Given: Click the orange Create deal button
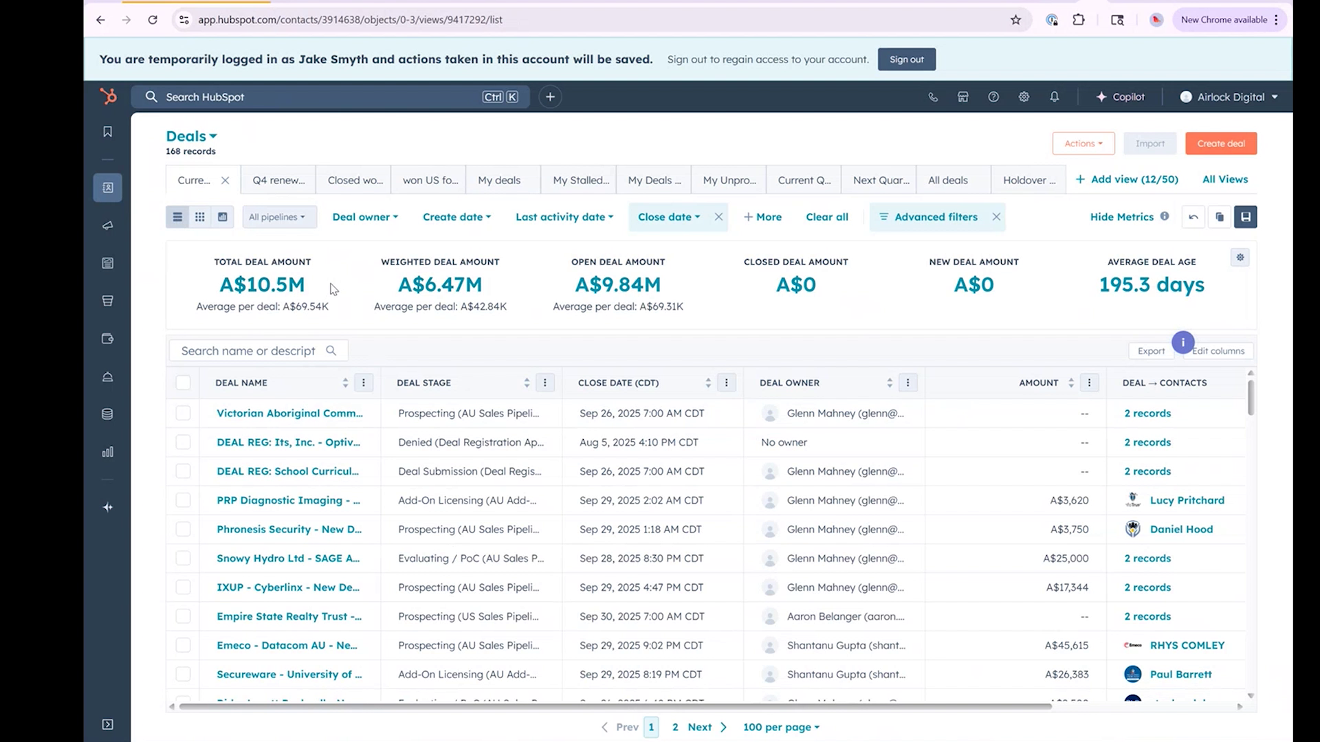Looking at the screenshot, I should click(1220, 144).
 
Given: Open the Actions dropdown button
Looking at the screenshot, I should click(1083, 144).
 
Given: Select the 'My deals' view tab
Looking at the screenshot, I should click(499, 180).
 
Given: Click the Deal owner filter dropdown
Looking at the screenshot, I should click(365, 217).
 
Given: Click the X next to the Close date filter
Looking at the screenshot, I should click(718, 217).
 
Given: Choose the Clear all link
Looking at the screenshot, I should click(826, 217).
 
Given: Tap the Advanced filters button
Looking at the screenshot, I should click(935, 217).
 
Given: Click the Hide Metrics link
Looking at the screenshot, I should click(1121, 217).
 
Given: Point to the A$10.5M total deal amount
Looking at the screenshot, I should click(262, 284).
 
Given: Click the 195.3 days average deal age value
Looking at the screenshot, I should click(1152, 284).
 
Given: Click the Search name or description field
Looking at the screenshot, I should click(249, 351).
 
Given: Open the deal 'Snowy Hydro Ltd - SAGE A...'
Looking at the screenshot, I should click(288, 559).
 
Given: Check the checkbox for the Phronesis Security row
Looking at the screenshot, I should click(183, 529).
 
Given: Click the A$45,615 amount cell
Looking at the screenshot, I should click(1066, 646).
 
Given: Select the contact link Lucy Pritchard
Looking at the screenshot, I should click(1187, 500).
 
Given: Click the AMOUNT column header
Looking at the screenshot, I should click(1038, 383).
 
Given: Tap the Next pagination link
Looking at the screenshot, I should click(700, 727).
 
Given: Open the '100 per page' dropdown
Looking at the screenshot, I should click(781, 727).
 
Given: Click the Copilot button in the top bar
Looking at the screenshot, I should click(1121, 97).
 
